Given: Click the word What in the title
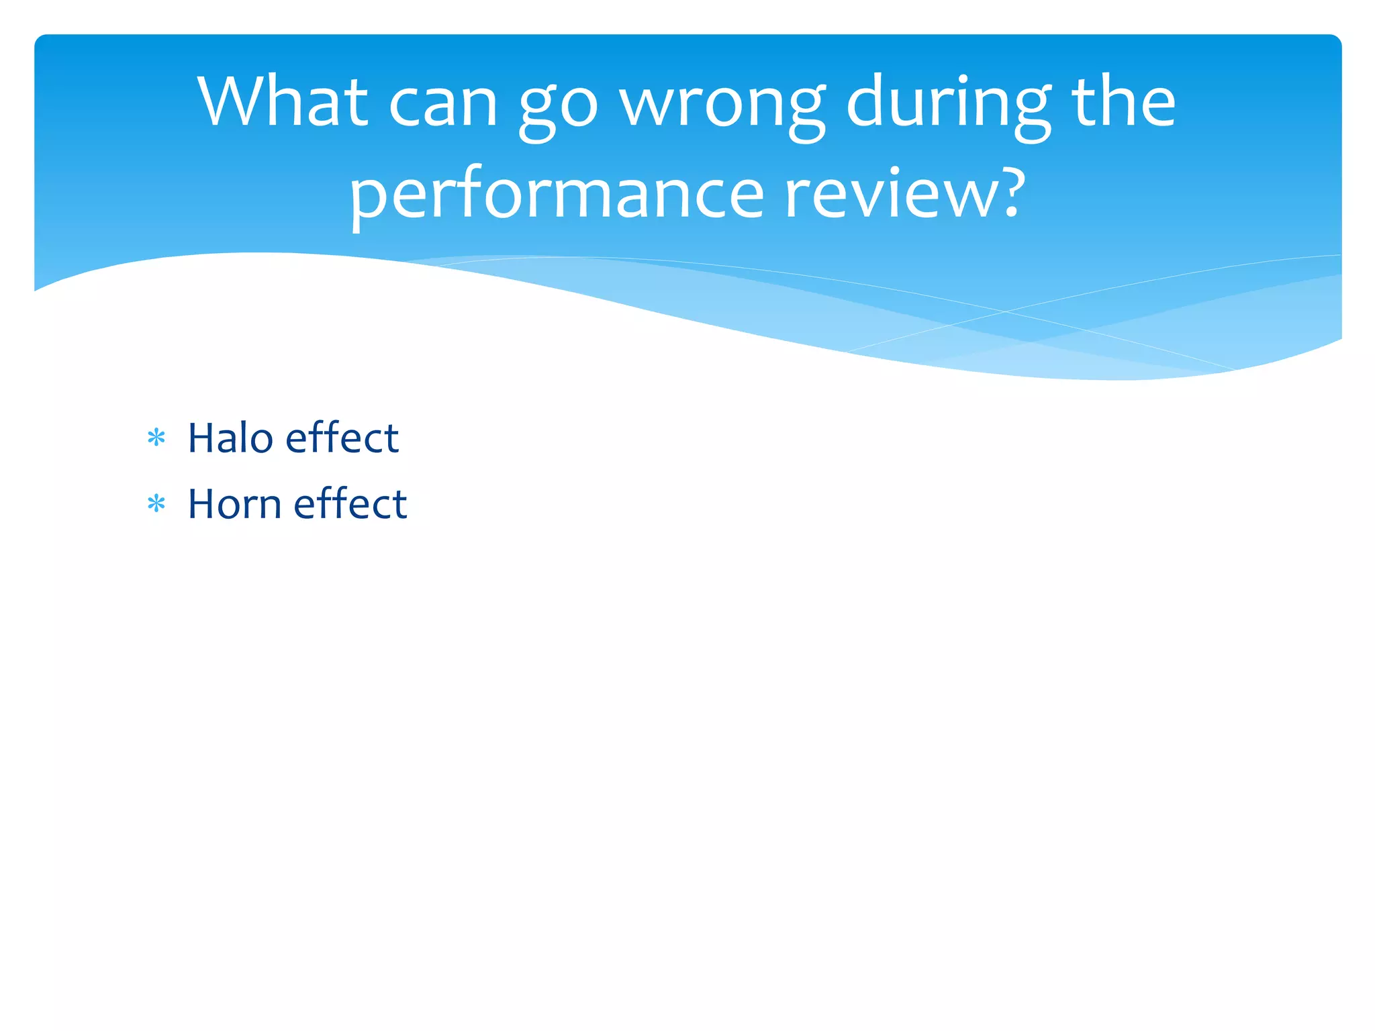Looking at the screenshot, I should click(282, 102).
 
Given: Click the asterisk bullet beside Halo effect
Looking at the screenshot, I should click(156, 438).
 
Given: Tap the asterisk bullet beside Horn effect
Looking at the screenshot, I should click(156, 503).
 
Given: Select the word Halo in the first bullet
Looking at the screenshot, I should click(230, 438).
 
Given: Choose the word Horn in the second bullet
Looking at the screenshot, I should click(234, 503).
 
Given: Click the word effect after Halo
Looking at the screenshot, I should click(342, 438).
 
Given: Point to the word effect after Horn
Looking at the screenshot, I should click(350, 503).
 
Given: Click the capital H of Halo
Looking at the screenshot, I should click(200, 438).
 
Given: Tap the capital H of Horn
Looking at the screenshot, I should click(200, 504).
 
